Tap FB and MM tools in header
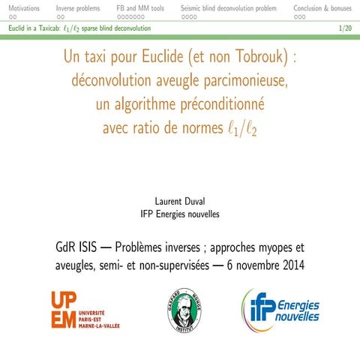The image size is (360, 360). point(140,7)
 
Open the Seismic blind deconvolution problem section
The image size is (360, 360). point(228,7)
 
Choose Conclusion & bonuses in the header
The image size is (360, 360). point(322,7)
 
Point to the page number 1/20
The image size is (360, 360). point(346,28)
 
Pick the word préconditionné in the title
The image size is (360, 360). point(223,104)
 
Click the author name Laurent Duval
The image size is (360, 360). point(180,201)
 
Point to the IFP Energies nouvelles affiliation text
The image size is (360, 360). point(180,214)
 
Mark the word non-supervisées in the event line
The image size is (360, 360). point(173,266)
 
